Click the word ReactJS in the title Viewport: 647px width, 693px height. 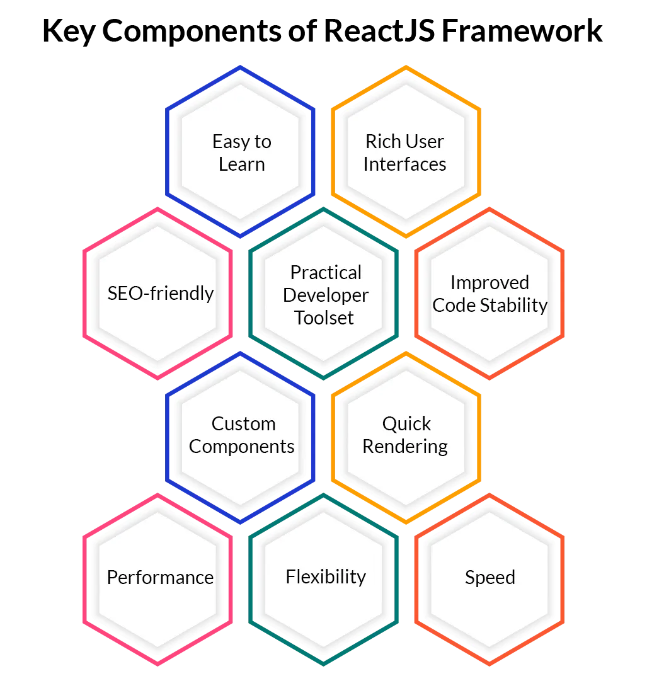pos(379,30)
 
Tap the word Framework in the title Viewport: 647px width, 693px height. pos(522,30)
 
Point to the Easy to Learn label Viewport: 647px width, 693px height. pos(242,153)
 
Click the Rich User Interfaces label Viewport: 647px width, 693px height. pos(405,152)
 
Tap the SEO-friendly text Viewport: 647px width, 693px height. pos(161,294)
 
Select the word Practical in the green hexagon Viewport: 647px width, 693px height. pos(326,272)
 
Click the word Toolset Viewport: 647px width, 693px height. pos(324,318)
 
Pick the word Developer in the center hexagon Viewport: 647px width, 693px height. pos(326,295)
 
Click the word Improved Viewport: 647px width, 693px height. pos(490,283)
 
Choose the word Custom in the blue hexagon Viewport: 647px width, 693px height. pos(244,423)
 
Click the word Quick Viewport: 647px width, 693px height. pos(406,423)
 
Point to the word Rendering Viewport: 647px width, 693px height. pos(405,447)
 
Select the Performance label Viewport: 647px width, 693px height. pos(161,577)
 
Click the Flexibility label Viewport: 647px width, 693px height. pos(326,576)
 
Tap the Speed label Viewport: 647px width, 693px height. pos(490,578)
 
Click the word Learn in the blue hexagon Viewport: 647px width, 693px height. pos(242,164)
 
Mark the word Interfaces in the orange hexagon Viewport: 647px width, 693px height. pos(405,164)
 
